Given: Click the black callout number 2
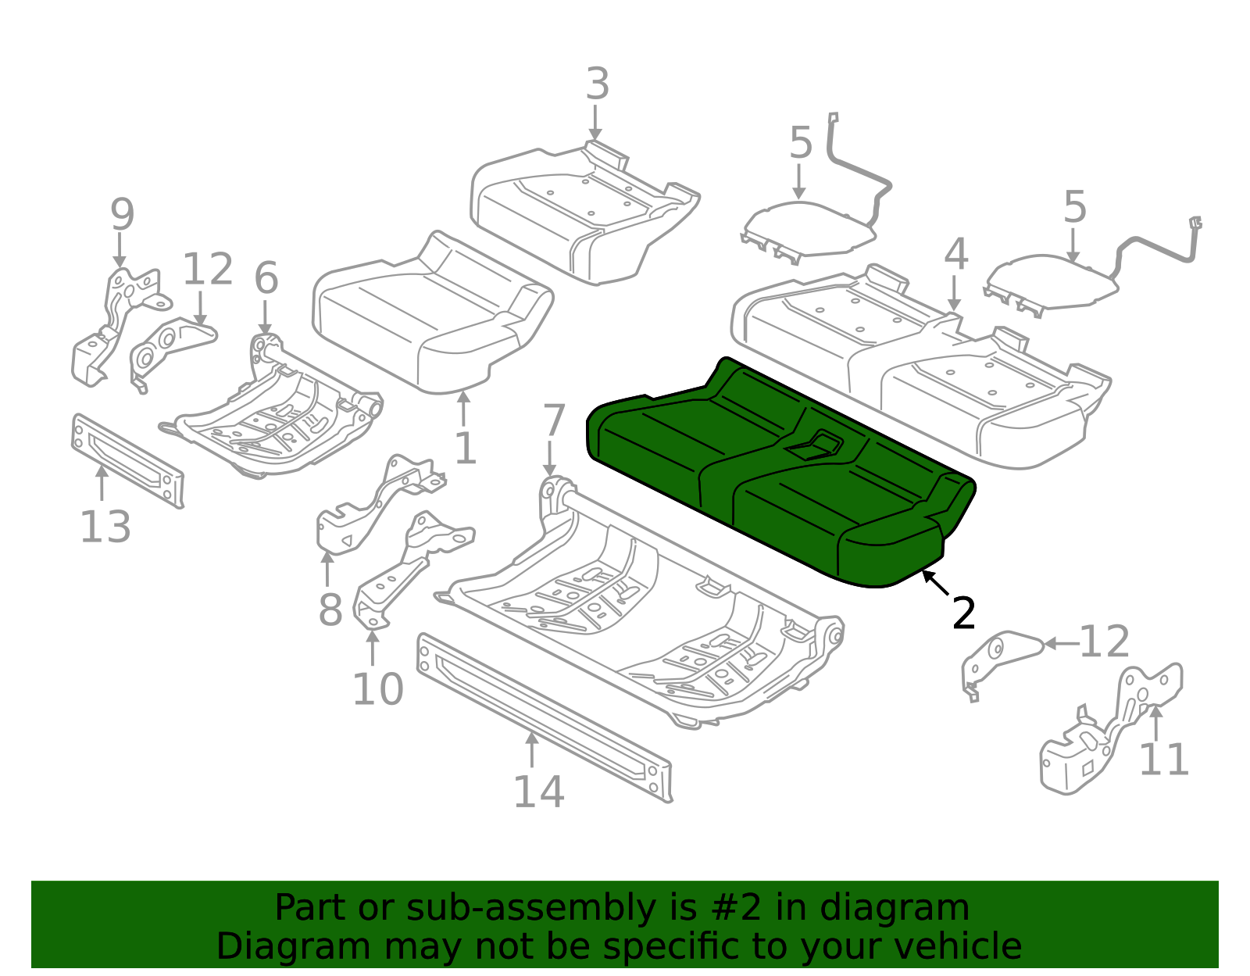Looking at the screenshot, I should point(964,613).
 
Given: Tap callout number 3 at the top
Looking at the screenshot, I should point(597,84).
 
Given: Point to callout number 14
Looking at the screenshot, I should point(538,792).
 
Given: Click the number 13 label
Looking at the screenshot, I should point(105,527).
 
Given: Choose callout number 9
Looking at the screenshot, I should point(122,215).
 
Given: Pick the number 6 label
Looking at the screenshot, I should point(266,279).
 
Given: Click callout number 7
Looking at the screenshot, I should point(553,421).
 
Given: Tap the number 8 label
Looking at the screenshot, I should point(330,610).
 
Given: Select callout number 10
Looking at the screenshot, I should point(377,690).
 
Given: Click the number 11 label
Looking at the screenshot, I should point(1163,760).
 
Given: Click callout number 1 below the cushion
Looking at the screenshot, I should point(466,449).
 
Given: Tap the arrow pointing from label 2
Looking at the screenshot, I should point(935,585).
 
